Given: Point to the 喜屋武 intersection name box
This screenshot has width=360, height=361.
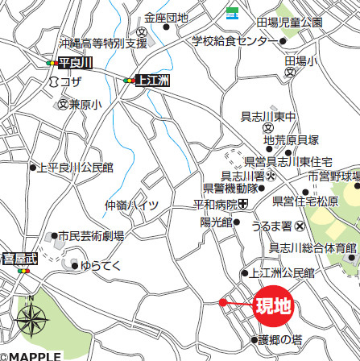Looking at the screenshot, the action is pyautogui.click(x=19, y=259).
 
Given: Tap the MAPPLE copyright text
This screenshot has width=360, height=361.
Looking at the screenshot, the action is pyautogui.click(x=31, y=355).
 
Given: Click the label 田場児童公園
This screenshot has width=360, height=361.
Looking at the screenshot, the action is pyautogui.click(x=289, y=22).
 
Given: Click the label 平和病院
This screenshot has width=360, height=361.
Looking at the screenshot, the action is pyautogui.click(x=213, y=205).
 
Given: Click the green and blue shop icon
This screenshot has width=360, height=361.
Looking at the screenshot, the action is pyautogui.click(x=232, y=11).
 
